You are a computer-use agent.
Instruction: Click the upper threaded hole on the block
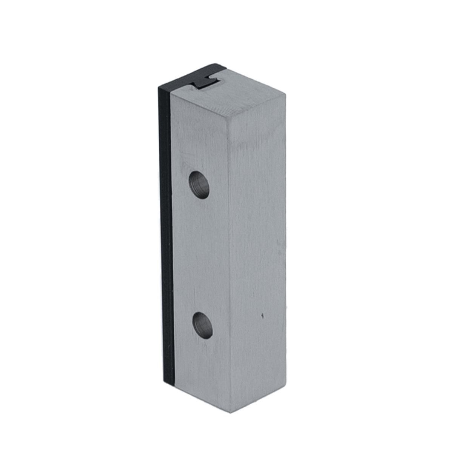[x=199, y=185]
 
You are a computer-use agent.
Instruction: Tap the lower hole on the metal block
[x=202, y=325]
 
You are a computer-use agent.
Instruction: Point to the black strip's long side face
[x=166, y=234]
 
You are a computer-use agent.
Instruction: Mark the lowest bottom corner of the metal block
[x=231, y=413]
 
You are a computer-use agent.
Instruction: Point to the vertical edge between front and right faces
[x=230, y=264]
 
